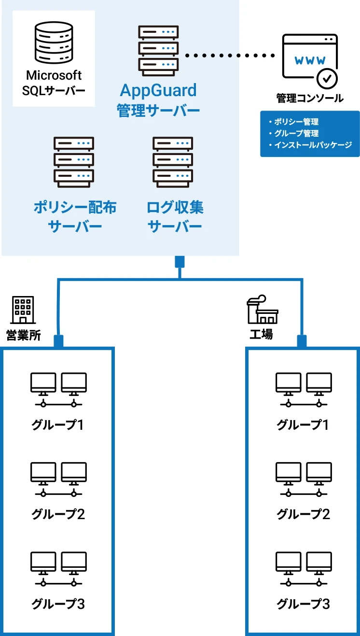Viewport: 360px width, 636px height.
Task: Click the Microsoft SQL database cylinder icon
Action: [x=53, y=42]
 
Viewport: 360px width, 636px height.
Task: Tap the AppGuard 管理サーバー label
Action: [x=158, y=100]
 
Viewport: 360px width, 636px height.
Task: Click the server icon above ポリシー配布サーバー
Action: [x=73, y=162]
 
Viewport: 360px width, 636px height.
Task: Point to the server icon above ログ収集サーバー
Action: [x=173, y=162]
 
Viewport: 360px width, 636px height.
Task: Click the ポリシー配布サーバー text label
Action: [x=75, y=217]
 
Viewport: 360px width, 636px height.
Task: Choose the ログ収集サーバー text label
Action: [x=175, y=217]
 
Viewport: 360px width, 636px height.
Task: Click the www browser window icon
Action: [x=309, y=57]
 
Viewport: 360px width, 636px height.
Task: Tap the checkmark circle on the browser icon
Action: [x=327, y=77]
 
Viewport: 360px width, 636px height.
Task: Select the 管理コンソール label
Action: [x=310, y=98]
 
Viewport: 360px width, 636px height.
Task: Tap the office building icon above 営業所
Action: [x=23, y=310]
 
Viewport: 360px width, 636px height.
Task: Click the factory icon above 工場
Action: [x=262, y=310]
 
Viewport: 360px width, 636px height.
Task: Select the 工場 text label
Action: [x=261, y=334]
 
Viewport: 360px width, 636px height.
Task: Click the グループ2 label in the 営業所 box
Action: [x=58, y=514]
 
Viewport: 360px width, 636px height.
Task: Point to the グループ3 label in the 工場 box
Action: [x=303, y=604]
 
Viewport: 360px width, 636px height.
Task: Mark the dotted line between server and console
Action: [x=230, y=56]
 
